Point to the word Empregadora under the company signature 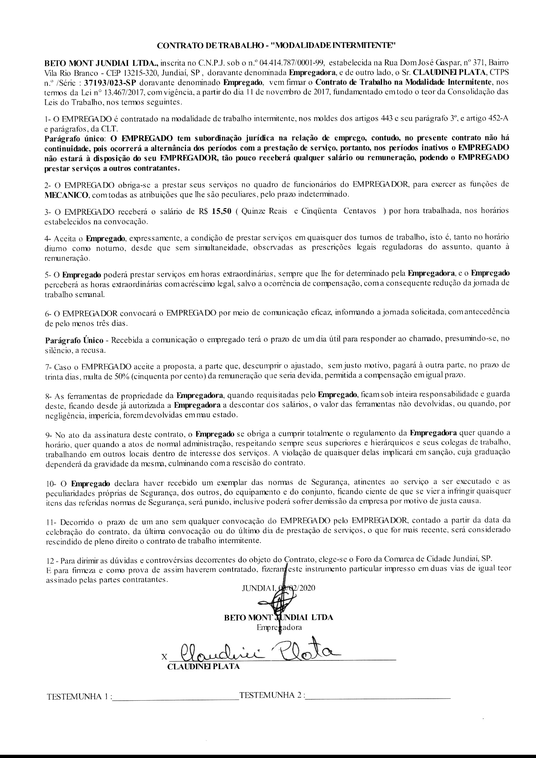[279, 628]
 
